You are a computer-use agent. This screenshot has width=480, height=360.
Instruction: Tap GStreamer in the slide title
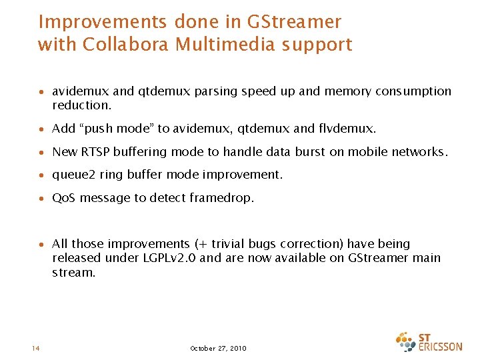(294, 22)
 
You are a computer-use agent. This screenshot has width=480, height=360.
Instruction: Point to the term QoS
(63, 198)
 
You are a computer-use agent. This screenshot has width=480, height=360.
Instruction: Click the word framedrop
(221, 198)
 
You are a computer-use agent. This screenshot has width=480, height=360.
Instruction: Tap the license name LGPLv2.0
(167, 258)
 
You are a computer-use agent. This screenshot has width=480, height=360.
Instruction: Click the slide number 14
(35, 348)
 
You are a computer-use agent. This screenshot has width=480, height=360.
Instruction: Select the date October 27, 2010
(218, 348)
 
